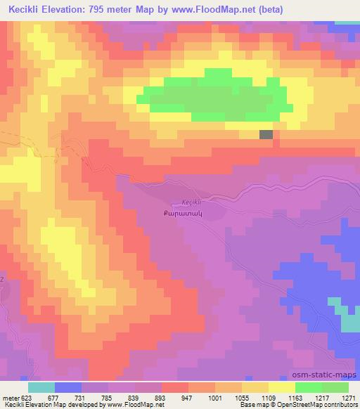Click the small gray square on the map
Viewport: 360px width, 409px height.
[x=266, y=135]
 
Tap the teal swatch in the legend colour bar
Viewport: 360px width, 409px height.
[x=41, y=387]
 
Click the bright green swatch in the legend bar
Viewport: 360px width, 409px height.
[x=309, y=387]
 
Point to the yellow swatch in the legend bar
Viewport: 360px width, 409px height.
[x=282, y=387]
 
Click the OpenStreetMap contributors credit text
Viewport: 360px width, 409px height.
[x=323, y=405]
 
